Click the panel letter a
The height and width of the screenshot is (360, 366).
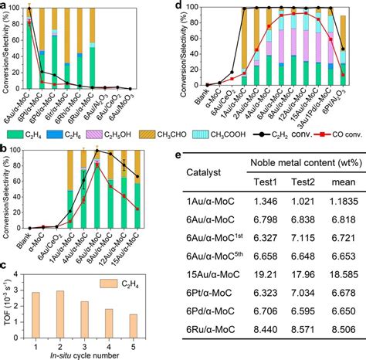(5, 5)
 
